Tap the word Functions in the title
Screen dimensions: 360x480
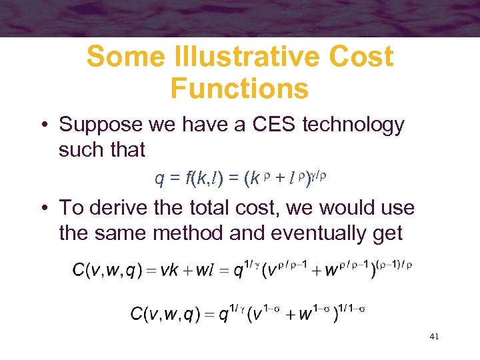[239, 87]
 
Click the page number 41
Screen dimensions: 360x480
[434, 337]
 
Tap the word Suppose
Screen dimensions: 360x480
[101, 125]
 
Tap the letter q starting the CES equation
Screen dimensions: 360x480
[159, 178]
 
